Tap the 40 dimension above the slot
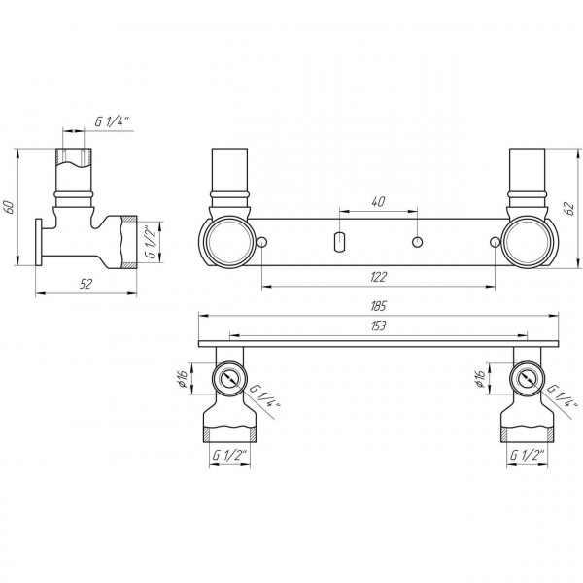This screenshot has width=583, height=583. pos(377,201)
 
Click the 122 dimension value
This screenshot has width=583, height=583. pos(377,278)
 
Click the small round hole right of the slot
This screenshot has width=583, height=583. pos(416,240)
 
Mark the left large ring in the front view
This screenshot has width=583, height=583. pos(226,241)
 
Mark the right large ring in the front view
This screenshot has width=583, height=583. pos(527,241)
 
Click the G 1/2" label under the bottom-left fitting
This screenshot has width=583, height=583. pos(228,453)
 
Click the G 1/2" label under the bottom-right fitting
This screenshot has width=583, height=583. pos(528,453)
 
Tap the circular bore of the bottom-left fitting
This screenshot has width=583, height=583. pos(229,377)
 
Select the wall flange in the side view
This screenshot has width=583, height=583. pos(41,243)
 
